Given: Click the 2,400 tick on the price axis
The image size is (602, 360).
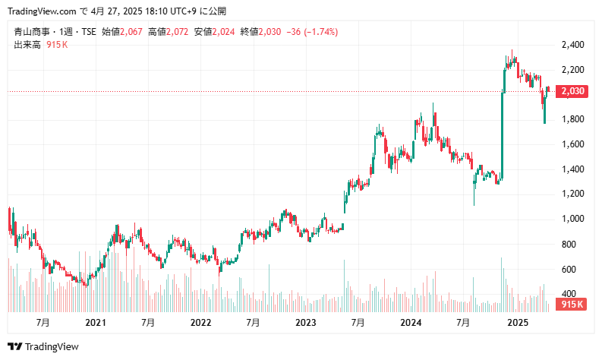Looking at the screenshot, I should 572,45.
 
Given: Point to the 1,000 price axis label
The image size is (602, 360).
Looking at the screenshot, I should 572,219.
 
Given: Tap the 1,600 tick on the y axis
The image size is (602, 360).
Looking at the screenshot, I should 572,144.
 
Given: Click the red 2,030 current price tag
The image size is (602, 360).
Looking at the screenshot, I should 572,92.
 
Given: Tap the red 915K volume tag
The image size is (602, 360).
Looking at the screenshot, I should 571,305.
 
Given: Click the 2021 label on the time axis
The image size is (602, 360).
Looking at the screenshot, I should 96,322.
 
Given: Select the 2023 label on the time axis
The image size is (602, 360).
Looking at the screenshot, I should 306,322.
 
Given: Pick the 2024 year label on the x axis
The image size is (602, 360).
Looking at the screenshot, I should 411,322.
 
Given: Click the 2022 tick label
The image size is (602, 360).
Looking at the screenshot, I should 200,322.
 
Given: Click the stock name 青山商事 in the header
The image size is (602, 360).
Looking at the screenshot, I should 30,32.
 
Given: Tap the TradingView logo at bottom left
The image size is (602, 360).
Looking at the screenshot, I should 46,346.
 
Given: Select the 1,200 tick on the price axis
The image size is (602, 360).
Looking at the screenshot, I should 572,194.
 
